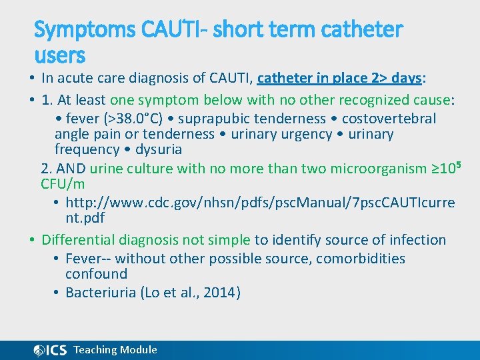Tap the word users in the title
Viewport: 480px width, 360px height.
tap(59, 55)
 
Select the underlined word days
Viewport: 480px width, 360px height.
tap(407, 79)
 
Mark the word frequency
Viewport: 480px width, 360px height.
tap(87, 149)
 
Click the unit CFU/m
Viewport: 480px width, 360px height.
tap(63, 183)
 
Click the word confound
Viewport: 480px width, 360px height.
tap(96, 274)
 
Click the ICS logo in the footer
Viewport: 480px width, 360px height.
tap(50, 350)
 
